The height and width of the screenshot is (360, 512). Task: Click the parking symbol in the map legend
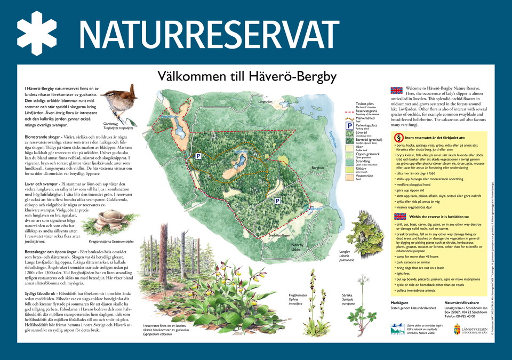[350, 126]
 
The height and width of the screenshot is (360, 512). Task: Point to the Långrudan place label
[265, 102]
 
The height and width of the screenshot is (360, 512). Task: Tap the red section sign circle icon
[398, 137]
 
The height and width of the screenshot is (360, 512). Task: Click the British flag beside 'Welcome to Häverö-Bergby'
[396, 90]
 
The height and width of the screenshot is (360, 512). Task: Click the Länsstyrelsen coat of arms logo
[455, 327]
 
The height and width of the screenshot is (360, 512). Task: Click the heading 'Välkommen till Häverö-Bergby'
[247, 77]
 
